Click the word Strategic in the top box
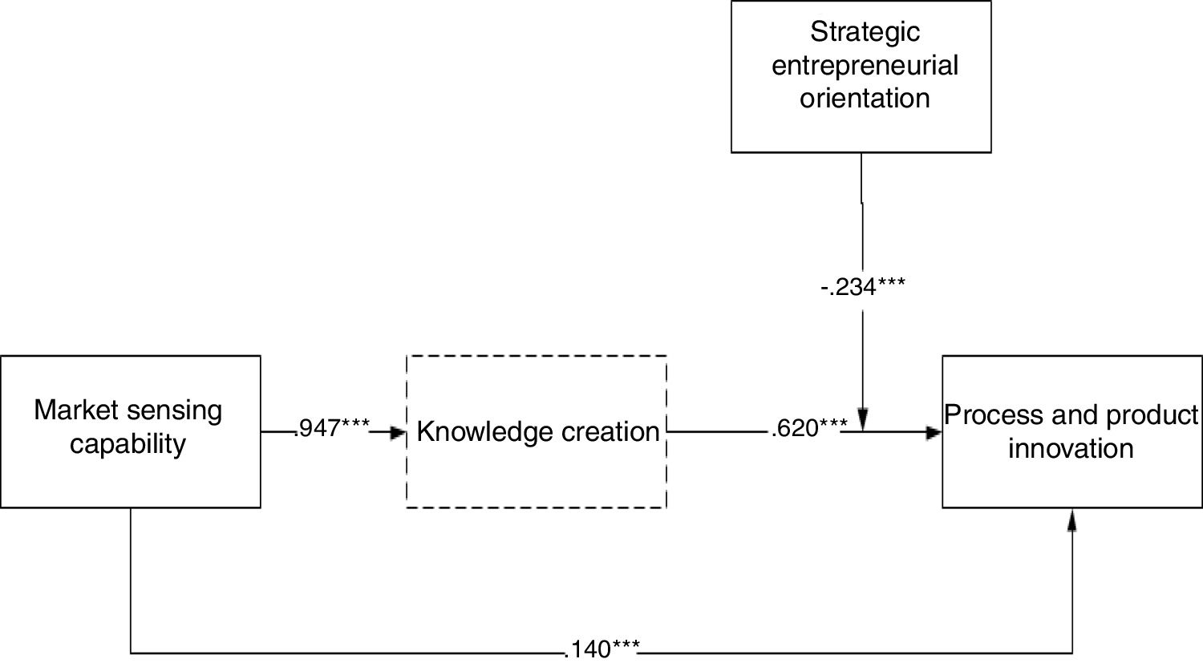(865, 32)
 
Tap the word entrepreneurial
(865, 65)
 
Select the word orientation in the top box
(865, 98)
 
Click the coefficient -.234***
(863, 286)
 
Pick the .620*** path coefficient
(808, 429)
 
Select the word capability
(128, 443)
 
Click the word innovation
(1071, 448)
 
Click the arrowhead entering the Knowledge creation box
(398, 433)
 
